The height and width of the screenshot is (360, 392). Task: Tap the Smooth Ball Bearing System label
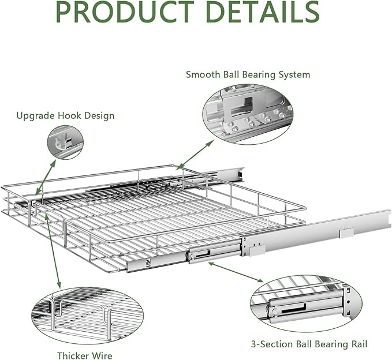(248, 74)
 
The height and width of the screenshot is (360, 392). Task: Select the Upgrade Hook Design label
(65, 115)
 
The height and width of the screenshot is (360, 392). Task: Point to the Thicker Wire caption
(85, 356)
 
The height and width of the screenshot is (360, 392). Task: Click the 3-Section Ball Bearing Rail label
(309, 344)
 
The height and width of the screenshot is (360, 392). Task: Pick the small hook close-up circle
(65, 142)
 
